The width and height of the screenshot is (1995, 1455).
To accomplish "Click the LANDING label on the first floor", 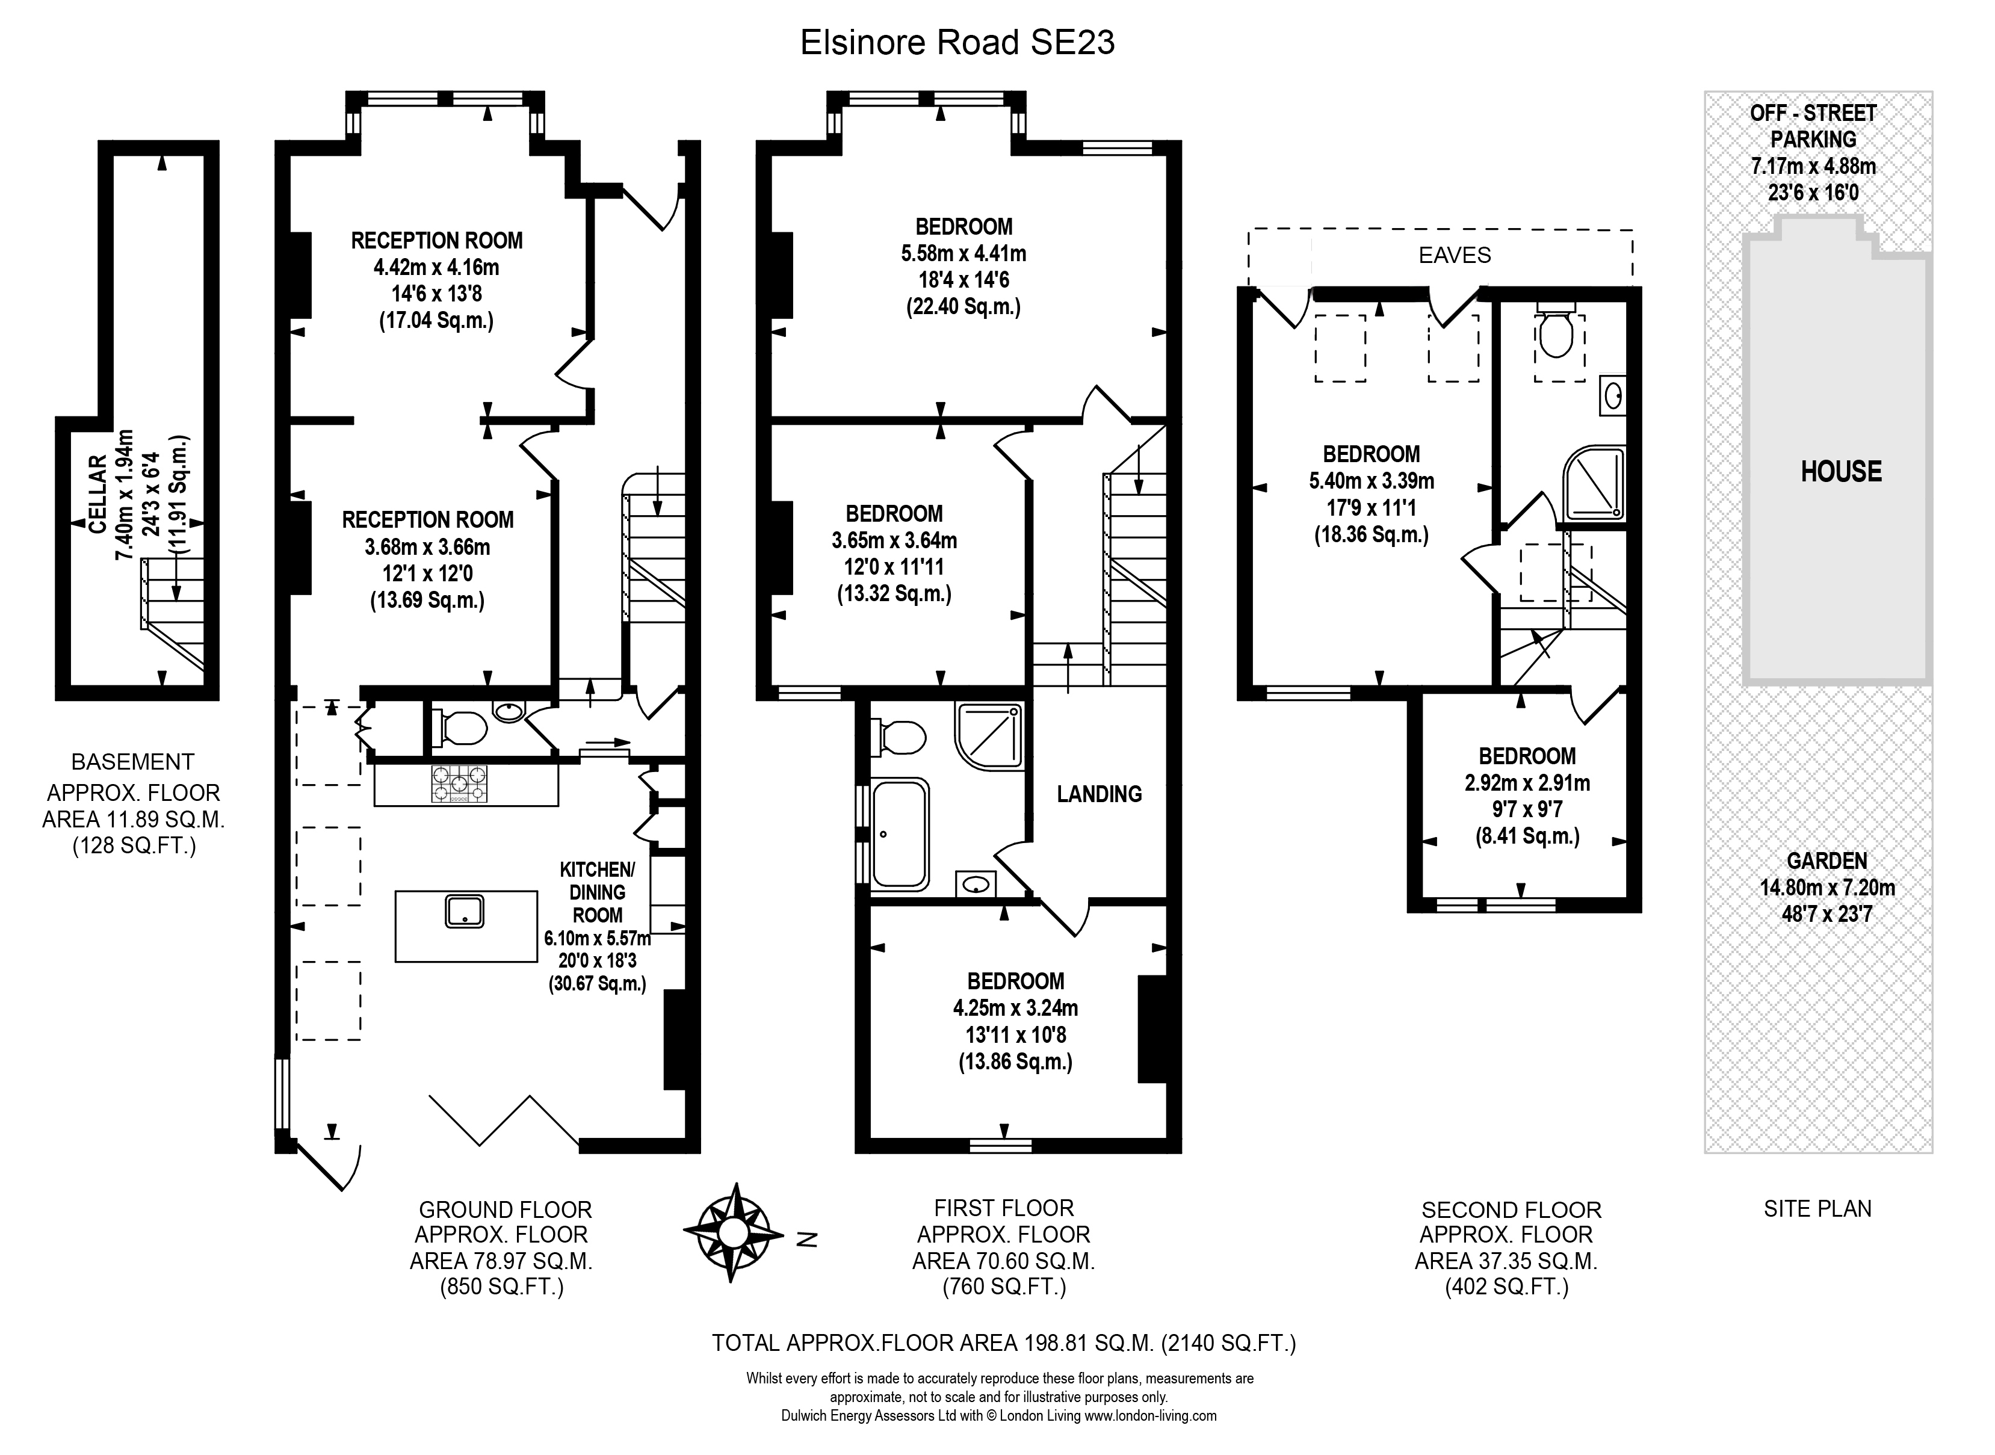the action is click(1100, 794).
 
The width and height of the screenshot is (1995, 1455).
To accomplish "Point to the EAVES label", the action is click(1454, 255).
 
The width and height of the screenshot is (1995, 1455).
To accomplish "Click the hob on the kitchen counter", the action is click(458, 784).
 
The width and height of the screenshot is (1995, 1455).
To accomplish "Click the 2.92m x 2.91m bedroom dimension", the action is click(1527, 783).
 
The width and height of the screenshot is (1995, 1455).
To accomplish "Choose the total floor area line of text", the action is click(1004, 1343).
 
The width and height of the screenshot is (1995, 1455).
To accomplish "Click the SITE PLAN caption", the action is click(1818, 1209).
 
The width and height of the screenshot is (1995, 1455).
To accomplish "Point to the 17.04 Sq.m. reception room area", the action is click(436, 321).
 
